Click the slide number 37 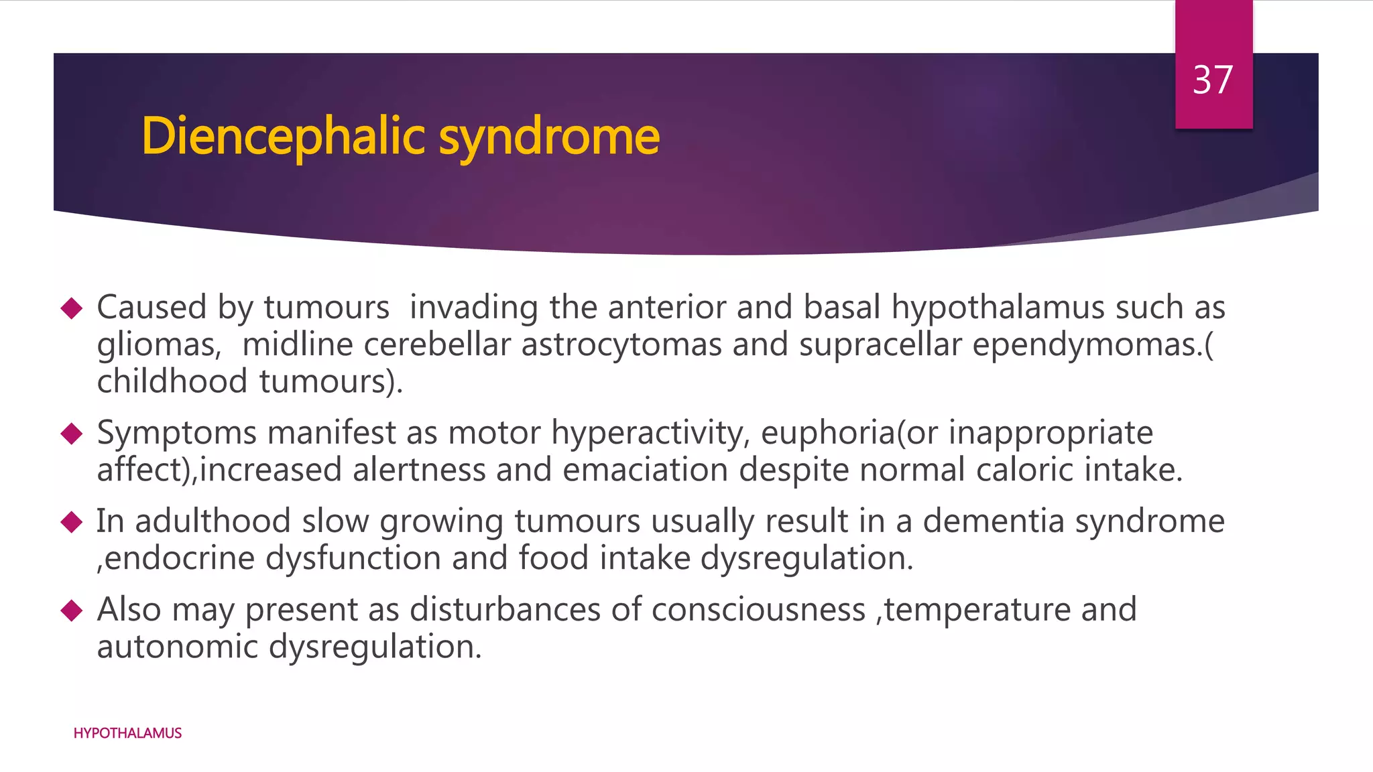coord(1213,80)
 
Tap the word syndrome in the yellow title coord(549,136)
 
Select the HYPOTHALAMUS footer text coord(127,733)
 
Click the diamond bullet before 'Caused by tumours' coord(71,308)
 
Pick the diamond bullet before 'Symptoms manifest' coord(71,434)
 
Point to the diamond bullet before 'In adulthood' coord(71,522)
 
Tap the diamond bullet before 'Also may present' coord(71,610)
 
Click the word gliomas coord(158,346)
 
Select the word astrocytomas coord(621,344)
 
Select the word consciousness coord(758,610)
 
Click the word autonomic coord(177,647)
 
